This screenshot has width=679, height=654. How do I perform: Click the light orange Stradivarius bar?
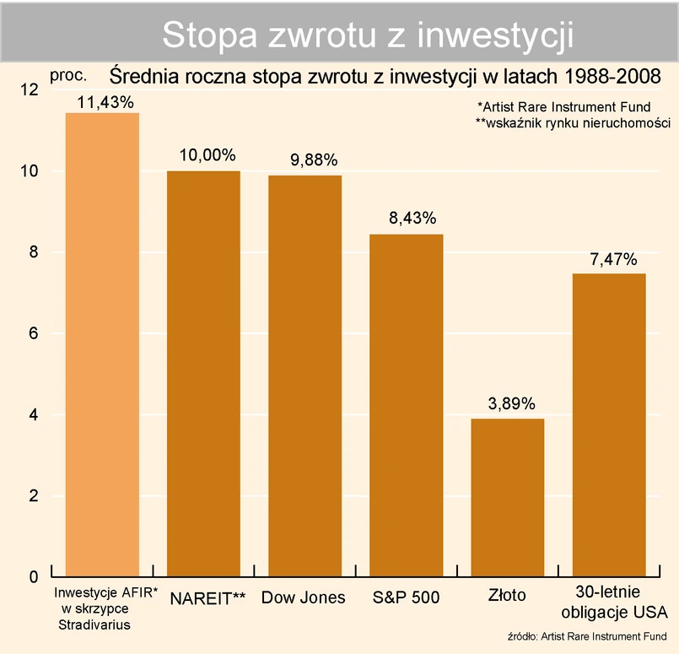102,344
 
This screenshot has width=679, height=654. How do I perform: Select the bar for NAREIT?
203,374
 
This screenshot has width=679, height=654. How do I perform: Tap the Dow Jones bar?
304,376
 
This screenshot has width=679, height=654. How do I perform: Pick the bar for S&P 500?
407,406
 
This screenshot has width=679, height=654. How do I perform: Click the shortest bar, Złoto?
508,498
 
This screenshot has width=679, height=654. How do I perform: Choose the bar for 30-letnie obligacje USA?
609,425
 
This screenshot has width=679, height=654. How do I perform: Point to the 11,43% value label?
105,102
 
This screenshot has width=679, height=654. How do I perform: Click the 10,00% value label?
207,156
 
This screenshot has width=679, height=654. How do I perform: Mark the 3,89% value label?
511,403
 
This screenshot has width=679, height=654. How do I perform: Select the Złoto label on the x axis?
507,596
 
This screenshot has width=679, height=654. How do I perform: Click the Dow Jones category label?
304,597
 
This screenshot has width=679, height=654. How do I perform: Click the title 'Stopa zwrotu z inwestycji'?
368,35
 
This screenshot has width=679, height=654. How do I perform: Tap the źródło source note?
588,635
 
